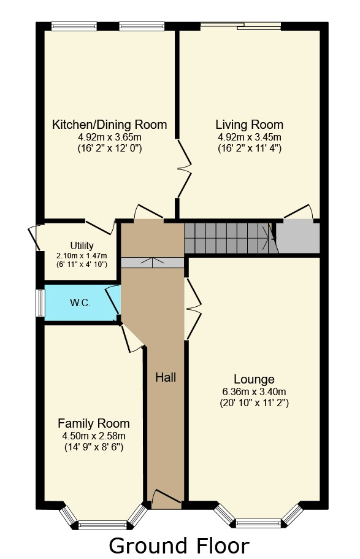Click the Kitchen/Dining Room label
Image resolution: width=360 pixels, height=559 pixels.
tap(109, 125)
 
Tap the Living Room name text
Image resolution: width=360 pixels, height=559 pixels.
tap(249, 125)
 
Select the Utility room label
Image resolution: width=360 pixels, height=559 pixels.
tap(82, 245)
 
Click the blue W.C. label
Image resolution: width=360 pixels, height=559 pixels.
tap(80, 303)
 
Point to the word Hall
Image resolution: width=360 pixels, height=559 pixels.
tap(166, 377)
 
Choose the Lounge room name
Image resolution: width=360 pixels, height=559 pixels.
tap(254, 379)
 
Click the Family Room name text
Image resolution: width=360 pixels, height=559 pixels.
tap(94, 423)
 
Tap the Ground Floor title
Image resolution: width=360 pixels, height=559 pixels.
tap(179, 546)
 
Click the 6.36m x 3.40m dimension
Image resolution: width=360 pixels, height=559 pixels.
tap(254, 392)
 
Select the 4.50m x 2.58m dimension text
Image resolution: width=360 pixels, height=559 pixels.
tap(94, 436)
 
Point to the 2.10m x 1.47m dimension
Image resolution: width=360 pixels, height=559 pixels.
tap(82, 256)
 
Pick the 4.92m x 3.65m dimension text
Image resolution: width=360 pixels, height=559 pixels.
tap(109, 137)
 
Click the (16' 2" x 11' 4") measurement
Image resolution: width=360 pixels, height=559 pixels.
tap(250, 148)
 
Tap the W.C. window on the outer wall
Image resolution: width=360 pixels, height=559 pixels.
tap(40, 303)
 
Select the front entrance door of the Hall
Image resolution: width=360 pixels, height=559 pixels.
tap(166, 499)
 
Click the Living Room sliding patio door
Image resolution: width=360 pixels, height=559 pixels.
tap(240, 26)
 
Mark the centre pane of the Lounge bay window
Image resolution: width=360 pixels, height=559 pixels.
tap(258, 523)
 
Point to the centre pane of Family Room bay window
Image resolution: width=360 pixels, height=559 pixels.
tap(102, 525)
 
